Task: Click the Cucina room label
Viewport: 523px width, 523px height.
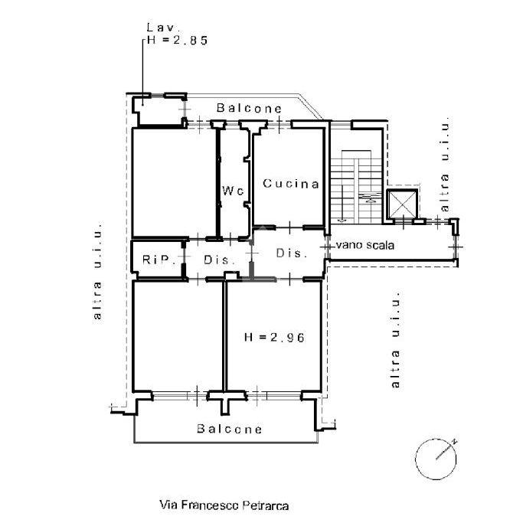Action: click(x=291, y=184)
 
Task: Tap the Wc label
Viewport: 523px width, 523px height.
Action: click(x=233, y=191)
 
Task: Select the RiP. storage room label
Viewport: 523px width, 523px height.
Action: click(x=159, y=260)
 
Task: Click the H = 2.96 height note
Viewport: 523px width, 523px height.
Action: click(x=274, y=337)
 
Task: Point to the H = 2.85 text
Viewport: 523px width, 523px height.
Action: click(x=177, y=40)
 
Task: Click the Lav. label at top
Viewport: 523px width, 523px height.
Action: click(x=163, y=27)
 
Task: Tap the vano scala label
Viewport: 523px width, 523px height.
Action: click(x=365, y=245)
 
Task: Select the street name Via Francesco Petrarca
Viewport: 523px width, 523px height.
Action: click(x=224, y=505)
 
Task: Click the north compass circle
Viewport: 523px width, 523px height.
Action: click(x=436, y=459)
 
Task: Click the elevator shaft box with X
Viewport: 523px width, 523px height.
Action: click(x=402, y=204)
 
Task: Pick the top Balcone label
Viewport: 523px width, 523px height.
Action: click(x=249, y=108)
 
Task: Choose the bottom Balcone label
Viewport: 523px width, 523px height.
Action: click(x=230, y=429)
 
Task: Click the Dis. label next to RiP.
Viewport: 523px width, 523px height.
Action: click(x=219, y=260)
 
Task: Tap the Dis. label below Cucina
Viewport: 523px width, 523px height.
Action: click(x=292, y=253)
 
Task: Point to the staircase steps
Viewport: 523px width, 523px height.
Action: click(x=356, y=188)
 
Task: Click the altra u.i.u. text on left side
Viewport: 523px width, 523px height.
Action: click(x=97, y=271)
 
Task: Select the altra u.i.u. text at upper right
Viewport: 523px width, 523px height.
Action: click(x=445, y=164)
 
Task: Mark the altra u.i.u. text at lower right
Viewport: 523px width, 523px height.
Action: click(x=395, y=339)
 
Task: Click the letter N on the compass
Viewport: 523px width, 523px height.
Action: click(x=453, y=442)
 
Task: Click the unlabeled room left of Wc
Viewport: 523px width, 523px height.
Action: click(x=175, y=182)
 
